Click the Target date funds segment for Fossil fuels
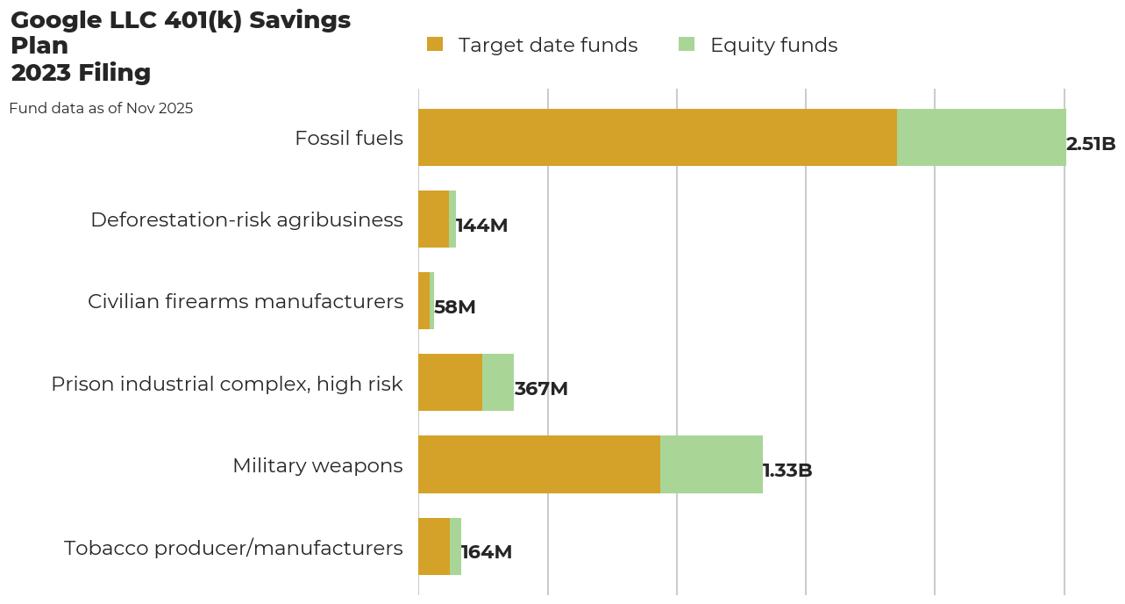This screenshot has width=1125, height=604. tap(658, 138)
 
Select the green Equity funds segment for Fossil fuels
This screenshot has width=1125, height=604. tap(981, 138)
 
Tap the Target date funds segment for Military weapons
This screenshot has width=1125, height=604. tap(539, 464)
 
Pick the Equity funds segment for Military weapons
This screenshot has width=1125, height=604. tap(711, 464)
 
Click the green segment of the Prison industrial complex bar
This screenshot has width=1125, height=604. tap(498, 383)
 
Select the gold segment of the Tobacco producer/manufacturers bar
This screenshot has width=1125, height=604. tap(434, 546)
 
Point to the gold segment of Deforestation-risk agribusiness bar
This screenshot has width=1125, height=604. tap(433, 219)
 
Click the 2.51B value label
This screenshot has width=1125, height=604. tap(1091, 145)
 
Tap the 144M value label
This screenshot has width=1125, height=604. tap(481, 226)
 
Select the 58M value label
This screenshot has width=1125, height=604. tap(454, 308)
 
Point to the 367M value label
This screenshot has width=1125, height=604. tap(541, 389)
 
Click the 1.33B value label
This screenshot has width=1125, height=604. tap(787, 471)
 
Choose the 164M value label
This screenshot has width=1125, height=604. tap(487, 552)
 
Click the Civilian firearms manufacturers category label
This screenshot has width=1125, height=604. tap(246, 302)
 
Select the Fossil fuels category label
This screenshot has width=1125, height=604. tap(349, 139)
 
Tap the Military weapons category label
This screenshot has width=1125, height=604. tap(317, 465)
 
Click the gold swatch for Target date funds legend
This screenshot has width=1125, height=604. tap(435, 44)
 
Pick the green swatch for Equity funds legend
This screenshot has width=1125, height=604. tap(687, 44)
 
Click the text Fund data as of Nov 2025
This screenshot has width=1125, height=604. tap(101, 109)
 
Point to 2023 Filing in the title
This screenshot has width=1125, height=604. tap(81, 73)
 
